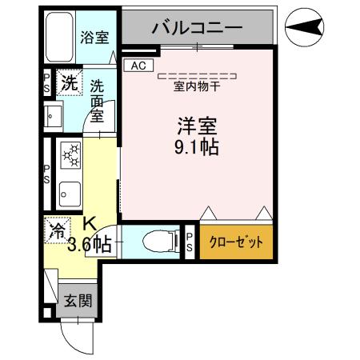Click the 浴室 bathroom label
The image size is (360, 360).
pyautogui.click(x=95, y=36)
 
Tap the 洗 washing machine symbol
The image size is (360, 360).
pyautogui.click(x=70, y=82)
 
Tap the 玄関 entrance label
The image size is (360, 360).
pyautogui.click(x=78, y=302)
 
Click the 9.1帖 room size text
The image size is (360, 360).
pyautogui.click(x=198, y=147)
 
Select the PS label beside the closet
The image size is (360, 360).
pyautogui.click(x=190, y=242)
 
